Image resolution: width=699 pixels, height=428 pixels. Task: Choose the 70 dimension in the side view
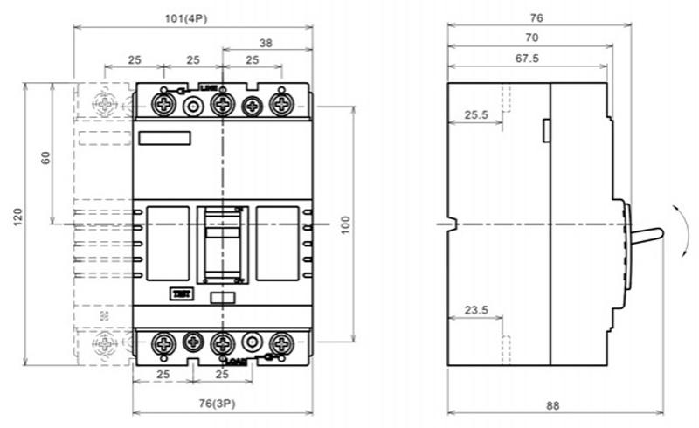(x=531, y=38)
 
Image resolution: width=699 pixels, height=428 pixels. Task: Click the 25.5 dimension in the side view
(x=475, y=114)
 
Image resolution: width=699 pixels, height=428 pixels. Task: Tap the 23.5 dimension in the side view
(x=475, y=308)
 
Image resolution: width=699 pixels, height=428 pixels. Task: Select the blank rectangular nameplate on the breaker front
(x=164, y=137)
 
